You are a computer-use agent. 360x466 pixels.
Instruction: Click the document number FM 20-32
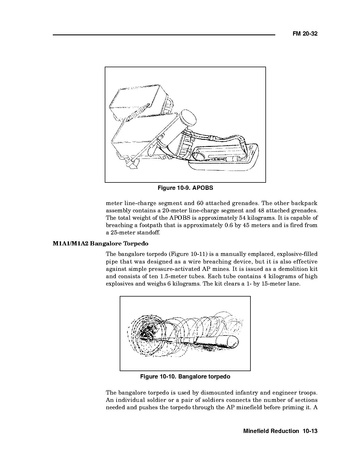coord(305,34)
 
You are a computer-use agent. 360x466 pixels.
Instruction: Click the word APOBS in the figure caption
coord(203,188)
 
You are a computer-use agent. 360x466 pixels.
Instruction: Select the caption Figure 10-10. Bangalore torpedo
coord(185,377)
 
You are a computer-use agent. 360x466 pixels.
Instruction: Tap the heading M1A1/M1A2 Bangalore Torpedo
coord(100,243)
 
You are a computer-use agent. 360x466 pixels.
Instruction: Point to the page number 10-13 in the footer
coord(310,431)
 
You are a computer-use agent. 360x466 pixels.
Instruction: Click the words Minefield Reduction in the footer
coord(271,431)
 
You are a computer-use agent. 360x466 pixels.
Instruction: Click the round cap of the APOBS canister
coord(188,119)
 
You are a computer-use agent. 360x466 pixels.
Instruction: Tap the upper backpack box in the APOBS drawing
coord(137,100)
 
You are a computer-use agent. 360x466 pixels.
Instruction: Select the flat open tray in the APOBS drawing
coord(224,157)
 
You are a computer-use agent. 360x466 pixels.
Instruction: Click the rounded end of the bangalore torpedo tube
coord(231,341)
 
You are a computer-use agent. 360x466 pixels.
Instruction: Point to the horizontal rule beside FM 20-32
coord(164,34)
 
